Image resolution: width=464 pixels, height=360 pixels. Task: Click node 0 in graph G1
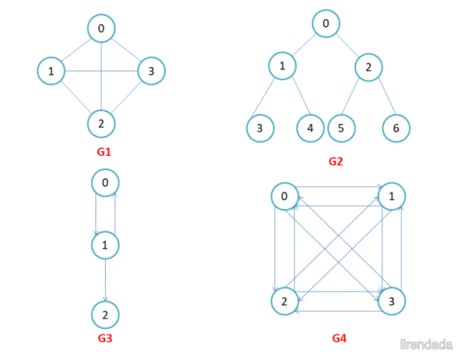101,28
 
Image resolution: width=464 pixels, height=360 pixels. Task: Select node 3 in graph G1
151,71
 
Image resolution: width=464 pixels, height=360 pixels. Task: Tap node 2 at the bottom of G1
101,124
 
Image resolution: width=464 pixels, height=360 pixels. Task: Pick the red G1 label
104,152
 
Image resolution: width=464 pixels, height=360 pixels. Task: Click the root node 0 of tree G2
326,23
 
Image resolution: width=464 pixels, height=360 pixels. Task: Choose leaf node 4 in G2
310,129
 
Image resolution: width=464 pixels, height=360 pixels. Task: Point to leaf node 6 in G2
396,129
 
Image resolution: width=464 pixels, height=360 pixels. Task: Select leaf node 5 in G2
342,129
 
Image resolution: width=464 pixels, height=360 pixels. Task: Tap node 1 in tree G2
282,66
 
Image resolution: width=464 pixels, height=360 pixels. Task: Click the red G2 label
336,162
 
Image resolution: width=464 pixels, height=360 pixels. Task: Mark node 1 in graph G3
105,245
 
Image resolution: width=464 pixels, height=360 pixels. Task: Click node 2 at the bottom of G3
105,315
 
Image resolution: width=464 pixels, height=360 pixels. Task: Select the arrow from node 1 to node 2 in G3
106,280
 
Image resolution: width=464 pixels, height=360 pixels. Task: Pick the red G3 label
105,338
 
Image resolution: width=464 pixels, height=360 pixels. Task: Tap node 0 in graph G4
285,196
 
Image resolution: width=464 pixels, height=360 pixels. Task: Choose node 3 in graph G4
391,301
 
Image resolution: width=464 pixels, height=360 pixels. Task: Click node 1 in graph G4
392,196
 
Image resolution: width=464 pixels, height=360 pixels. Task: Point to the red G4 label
339,338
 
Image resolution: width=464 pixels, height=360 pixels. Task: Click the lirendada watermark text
426,344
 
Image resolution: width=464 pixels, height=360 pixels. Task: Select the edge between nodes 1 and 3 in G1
101,71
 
